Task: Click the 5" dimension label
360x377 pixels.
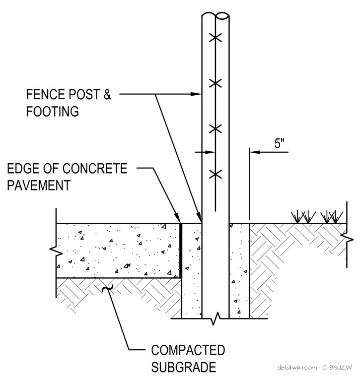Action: (x=280, y=143)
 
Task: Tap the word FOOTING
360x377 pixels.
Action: (x=53, y=111)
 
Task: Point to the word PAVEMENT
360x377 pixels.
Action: (x=39, y=186)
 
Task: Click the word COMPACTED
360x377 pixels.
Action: (x=188, y=350)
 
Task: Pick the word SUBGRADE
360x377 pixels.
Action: (x=184, y=367)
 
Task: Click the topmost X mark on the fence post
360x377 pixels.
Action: (x=216, y=38)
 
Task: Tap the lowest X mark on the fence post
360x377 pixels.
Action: (x=216, y=174)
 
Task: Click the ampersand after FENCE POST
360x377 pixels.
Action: (x=107, y=94)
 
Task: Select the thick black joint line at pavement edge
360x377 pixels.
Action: (x=181, y=251)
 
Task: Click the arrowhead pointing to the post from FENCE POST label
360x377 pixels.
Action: (x=196, y=94)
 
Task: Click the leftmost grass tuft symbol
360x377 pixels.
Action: (x=297, y=217)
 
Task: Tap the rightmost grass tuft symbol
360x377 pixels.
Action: (x=336, y=217)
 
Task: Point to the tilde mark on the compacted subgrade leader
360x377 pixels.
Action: (x=108, y=288)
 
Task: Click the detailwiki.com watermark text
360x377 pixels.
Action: (x=297, y=368)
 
